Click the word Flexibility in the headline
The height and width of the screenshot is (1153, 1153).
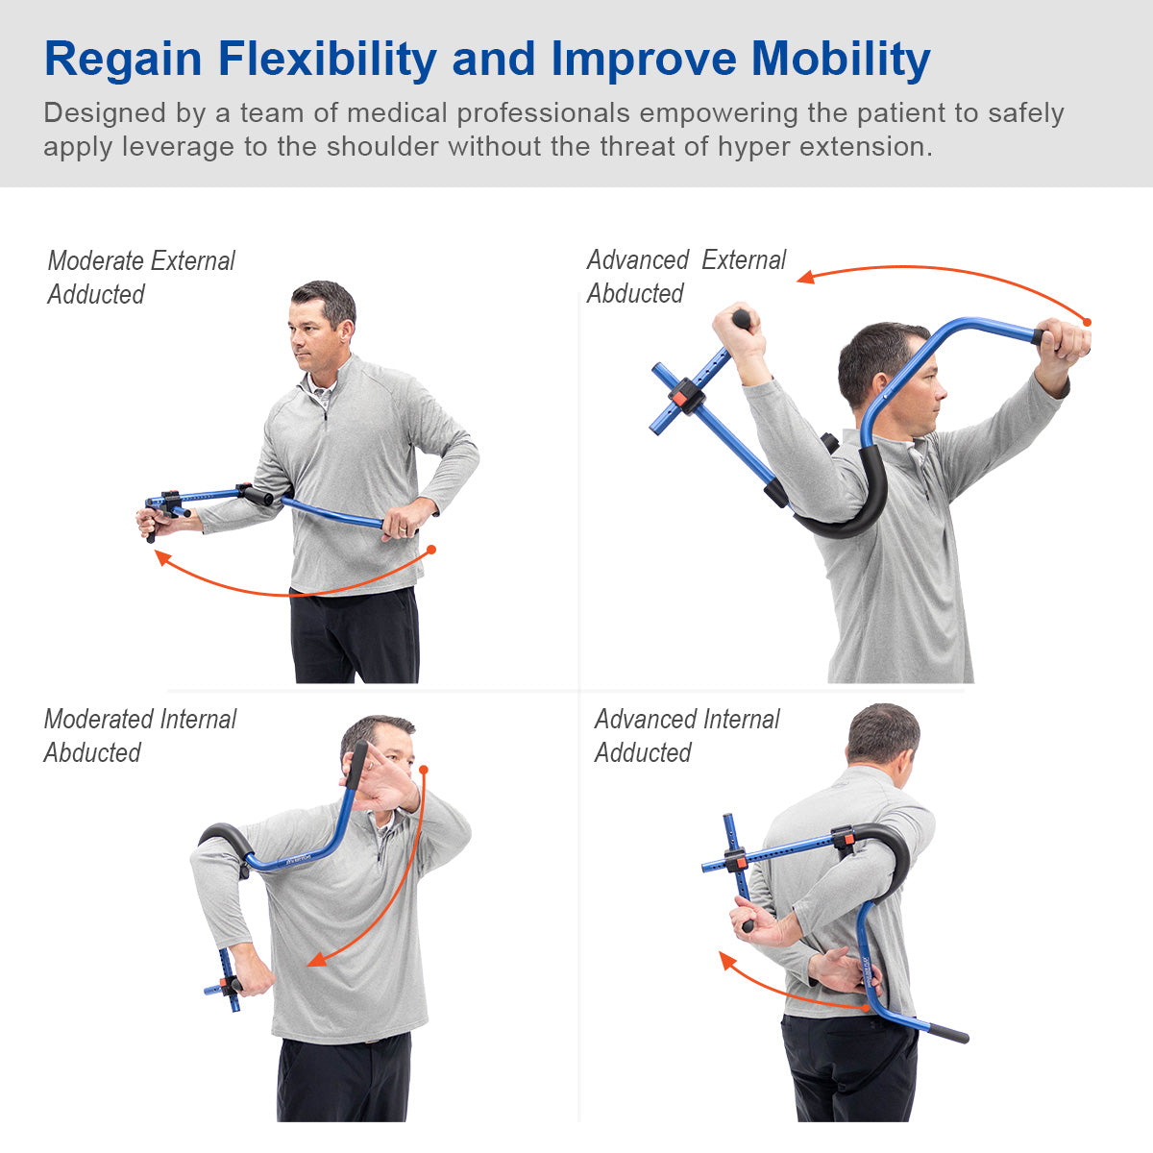coord(328,60)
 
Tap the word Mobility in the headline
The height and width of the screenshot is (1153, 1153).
coord(840,60)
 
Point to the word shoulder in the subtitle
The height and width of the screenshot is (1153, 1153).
coord(382,147)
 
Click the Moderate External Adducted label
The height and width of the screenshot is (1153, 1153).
coord(140,277)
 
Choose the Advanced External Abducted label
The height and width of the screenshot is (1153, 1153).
coord(685,277)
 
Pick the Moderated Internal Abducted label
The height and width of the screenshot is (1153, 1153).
coord(139,735)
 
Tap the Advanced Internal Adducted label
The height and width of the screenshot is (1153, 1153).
coord(686,735)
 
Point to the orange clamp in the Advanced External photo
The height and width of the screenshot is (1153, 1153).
coord(680,397)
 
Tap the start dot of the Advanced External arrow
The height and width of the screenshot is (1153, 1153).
coord(1088,322)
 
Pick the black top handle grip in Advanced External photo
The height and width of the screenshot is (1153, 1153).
coord(742,318)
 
